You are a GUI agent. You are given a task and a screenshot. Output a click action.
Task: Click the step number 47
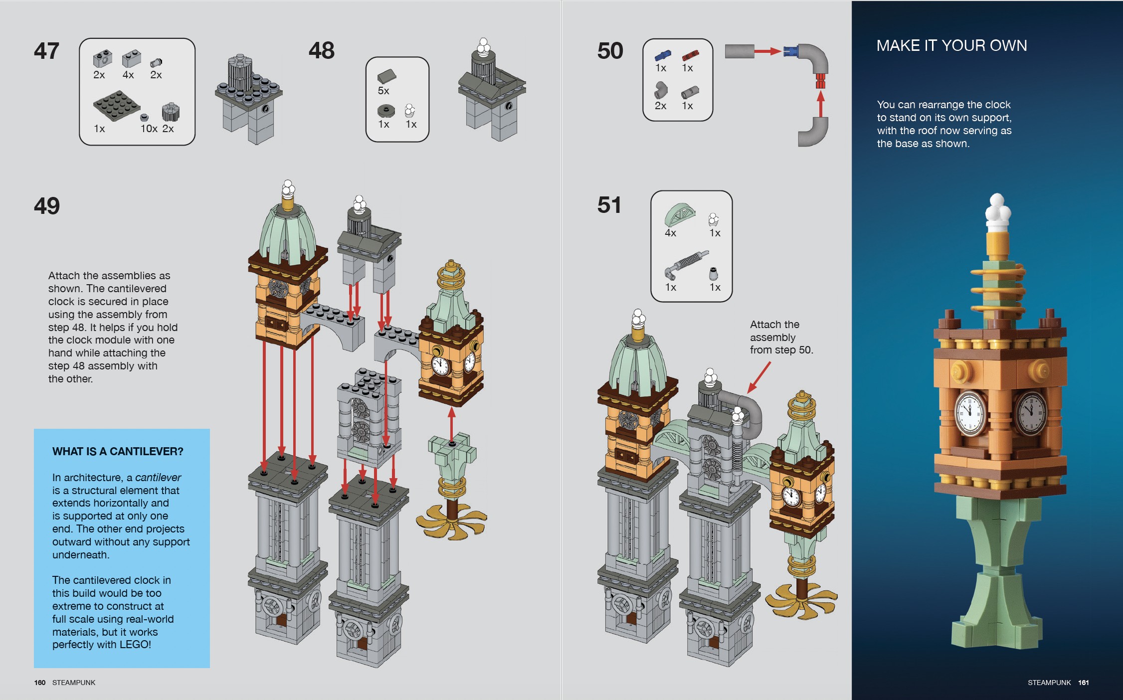pos(46,51)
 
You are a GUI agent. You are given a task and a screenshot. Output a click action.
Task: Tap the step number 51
pos(609,205)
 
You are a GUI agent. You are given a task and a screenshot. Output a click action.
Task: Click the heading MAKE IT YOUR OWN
pos(951,46)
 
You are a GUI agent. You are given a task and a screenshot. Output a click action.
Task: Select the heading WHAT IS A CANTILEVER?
pos(118,451)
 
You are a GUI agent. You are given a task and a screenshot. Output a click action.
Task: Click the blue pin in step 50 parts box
pos(662,55)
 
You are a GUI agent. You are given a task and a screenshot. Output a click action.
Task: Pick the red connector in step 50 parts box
pos(690,55)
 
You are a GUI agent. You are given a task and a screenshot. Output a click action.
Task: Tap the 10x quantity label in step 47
pos(149,129)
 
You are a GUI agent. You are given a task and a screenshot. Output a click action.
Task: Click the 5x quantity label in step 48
pos(383,91)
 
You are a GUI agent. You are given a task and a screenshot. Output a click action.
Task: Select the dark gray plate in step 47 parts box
pos(116,105)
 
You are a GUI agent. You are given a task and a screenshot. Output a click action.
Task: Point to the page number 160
pos(40,683)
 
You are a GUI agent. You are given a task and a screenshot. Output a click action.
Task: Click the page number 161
pos(1083,683)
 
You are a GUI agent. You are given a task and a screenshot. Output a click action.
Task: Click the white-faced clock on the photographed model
pos(970,413)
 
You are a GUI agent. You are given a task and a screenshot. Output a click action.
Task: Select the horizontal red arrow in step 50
pos(767,51)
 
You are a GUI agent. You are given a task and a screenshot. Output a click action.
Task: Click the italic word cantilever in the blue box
pos(158,477)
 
